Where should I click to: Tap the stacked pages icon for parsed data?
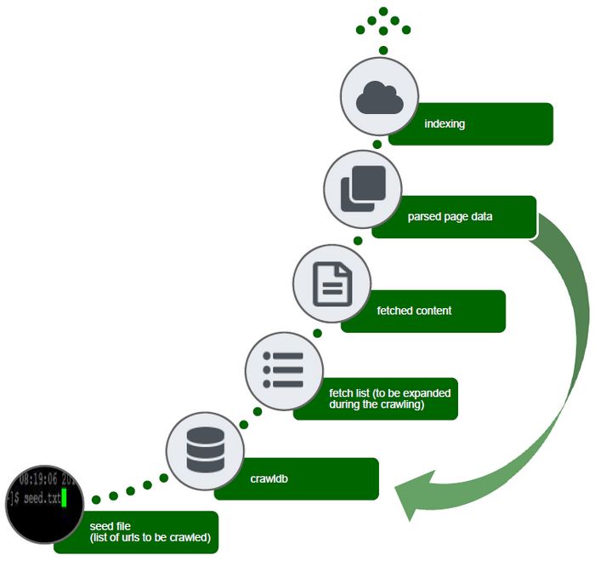coord(363,188)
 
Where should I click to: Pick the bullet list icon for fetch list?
coord(284,369)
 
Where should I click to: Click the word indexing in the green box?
coord(445,124)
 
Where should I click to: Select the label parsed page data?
coord(450,217)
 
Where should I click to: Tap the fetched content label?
coord(414,311)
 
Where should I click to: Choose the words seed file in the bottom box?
coord(110,526)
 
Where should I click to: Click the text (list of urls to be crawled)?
coord(150,538)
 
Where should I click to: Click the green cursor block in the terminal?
coord(65,498)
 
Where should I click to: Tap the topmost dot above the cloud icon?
coord(383,11)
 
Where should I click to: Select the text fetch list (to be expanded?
coord(389,393)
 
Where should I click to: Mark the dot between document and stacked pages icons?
coord(358,241)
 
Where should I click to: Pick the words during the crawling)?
coord(376,404)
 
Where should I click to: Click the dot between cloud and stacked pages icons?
coord(377,146)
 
